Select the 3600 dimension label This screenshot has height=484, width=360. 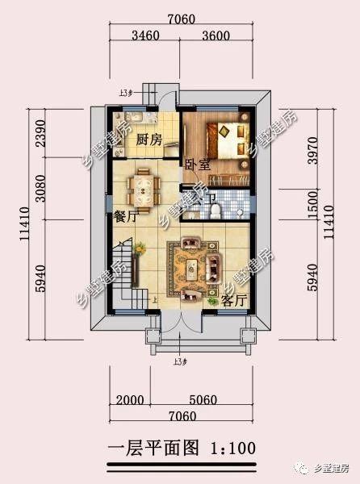(x=215, y=35)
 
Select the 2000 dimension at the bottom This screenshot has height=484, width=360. (x=132, y=398)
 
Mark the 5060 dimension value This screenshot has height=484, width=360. (x=212, y=398)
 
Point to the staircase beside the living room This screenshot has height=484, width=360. (x=120, y=278)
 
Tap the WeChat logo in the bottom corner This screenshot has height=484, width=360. (x=302, y=467)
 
